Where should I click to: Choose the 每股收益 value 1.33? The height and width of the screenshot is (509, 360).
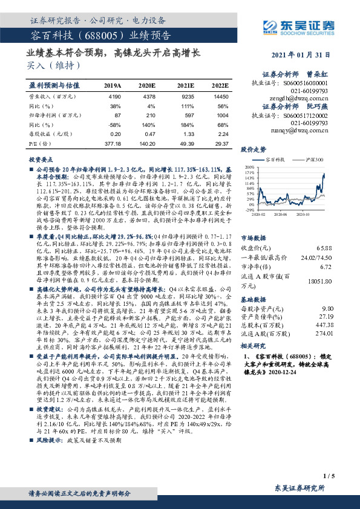pos(188,134)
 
